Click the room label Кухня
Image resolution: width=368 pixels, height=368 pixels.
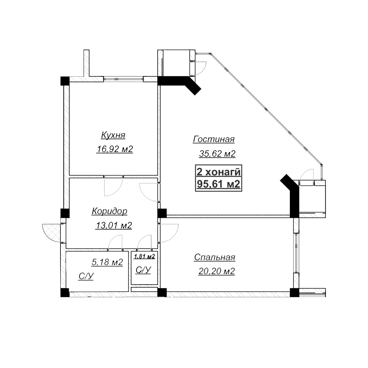113,136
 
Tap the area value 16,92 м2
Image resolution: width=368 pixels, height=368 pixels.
115,149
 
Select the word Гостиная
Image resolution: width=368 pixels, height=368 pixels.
214,139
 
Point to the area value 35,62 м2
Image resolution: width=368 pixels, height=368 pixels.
217,154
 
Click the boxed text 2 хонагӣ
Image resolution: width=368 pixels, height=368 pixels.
218,172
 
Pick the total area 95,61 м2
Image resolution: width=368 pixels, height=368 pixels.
218,184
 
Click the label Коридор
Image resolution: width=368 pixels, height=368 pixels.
109,211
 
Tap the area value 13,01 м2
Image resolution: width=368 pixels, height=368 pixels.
114,225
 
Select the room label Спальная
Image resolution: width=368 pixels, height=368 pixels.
214,257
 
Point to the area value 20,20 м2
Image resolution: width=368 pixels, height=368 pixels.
217,271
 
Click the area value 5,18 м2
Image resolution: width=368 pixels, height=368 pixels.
107,262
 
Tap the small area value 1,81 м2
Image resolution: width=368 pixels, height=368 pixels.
145,256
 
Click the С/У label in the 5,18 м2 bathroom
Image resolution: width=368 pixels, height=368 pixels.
86,276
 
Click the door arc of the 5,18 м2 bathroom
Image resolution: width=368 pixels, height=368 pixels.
116,242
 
